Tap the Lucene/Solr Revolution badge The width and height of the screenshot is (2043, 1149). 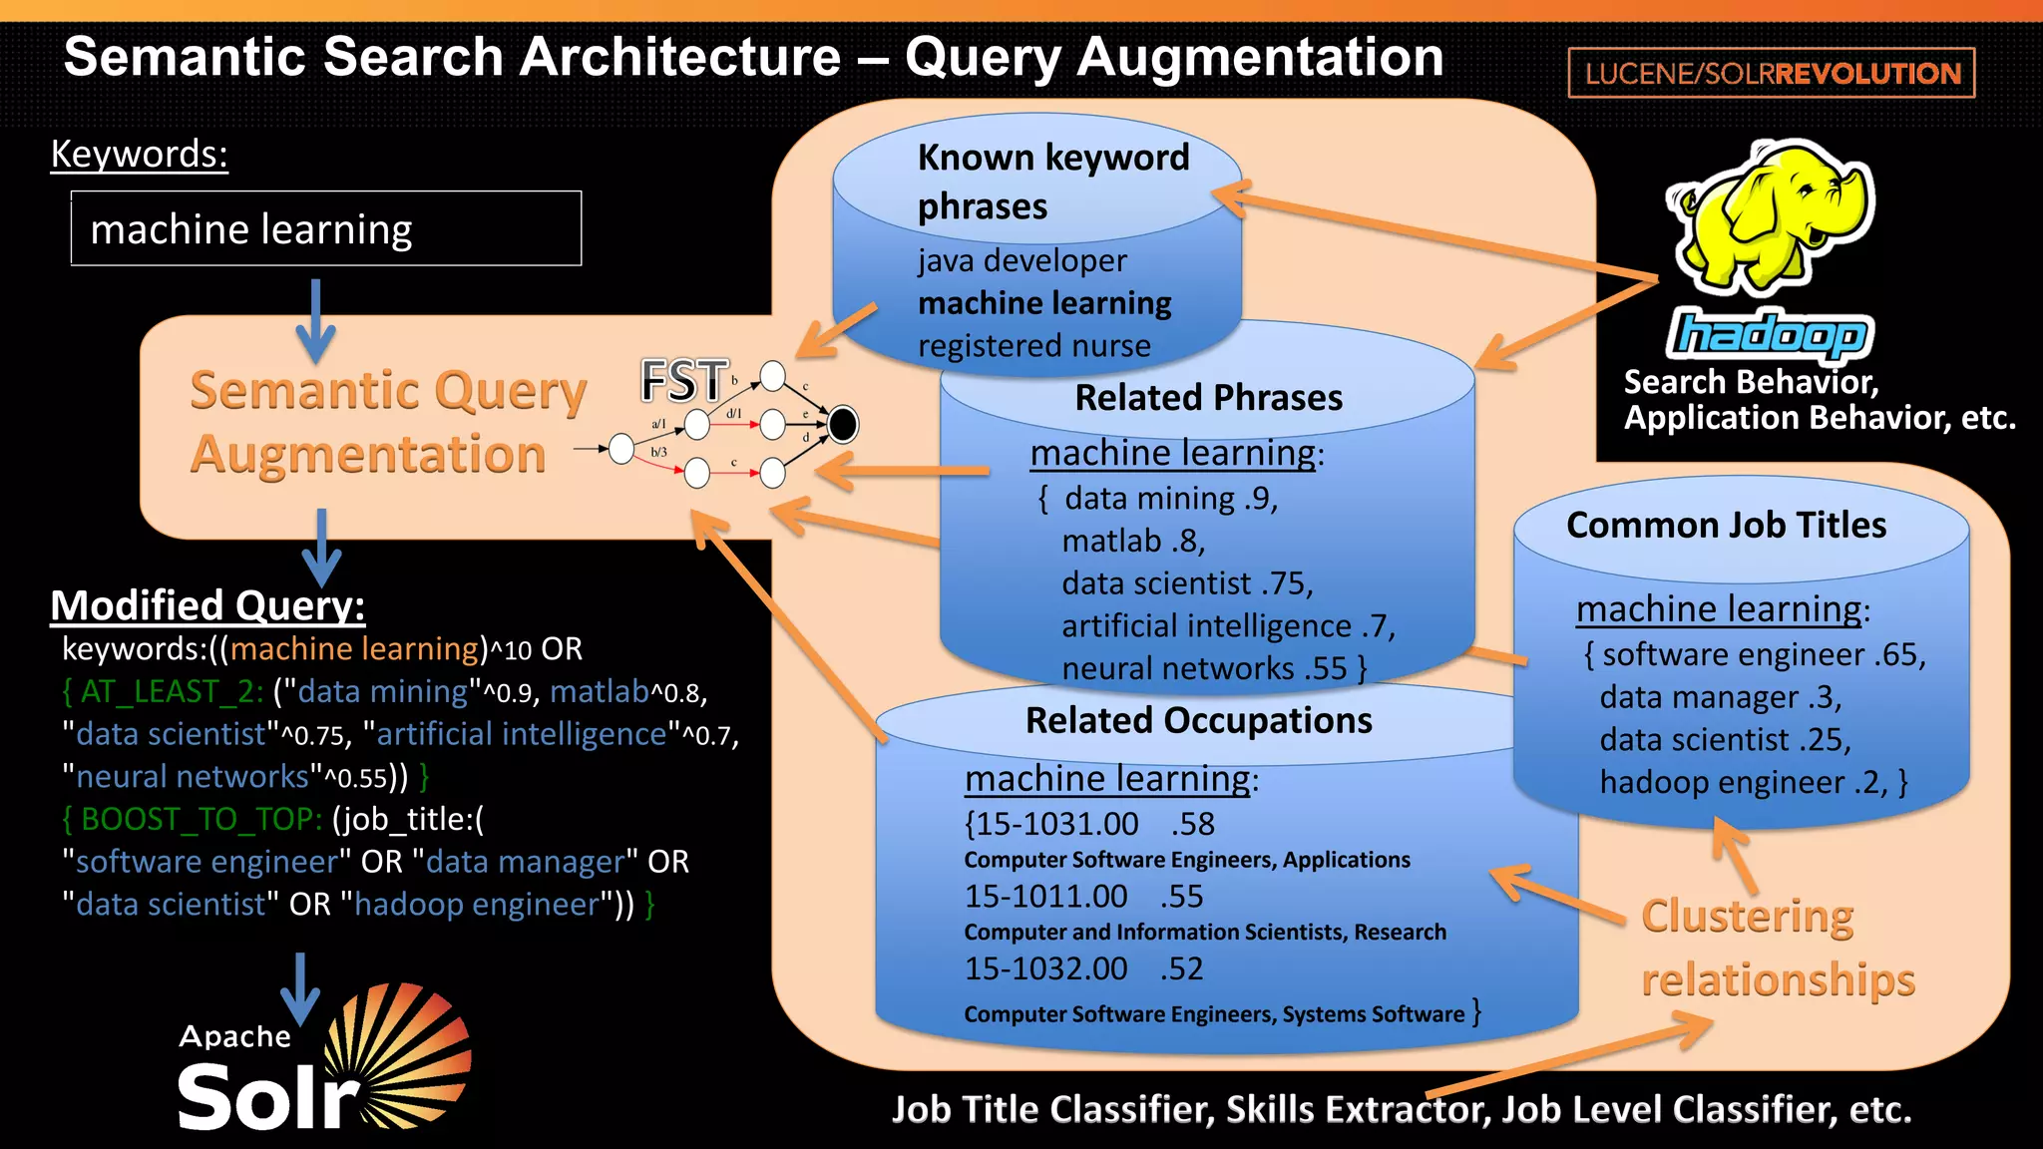1772,74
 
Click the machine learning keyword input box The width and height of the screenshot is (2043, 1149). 326,229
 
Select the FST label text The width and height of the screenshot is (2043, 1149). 683,381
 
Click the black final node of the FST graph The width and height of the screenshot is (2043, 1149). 842,424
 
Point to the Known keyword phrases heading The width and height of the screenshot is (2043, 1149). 1052,182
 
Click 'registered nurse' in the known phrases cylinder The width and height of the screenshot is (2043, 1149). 1033,346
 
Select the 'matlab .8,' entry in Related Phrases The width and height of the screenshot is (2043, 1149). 1133,541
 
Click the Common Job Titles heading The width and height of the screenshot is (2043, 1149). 1726,526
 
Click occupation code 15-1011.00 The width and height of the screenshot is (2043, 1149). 1044,896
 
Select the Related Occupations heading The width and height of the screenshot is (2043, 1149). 1198,720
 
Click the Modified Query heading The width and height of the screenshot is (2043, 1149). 207,605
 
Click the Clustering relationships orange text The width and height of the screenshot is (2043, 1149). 1776,948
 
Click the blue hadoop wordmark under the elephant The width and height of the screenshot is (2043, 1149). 1769,335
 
